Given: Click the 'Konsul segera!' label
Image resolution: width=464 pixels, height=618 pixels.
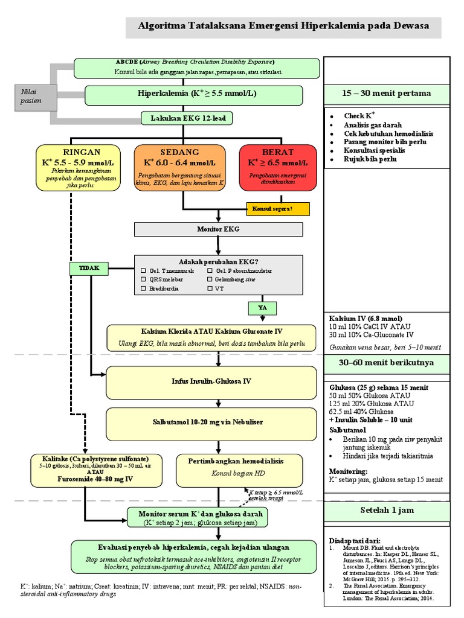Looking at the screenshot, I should pos(277,209).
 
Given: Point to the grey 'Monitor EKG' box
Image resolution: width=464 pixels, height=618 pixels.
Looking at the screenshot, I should pos(214,229).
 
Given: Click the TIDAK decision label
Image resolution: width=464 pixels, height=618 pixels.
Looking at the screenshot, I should pos(89,267).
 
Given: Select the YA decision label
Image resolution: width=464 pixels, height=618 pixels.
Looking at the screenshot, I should pos(263,308).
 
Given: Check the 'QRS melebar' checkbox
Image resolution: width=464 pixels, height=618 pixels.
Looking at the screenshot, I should pos(144,280).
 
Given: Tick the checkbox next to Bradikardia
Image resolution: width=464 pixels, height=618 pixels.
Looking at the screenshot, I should pos(144,289).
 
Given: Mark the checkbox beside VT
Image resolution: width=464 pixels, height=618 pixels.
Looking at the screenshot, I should pos(210,289).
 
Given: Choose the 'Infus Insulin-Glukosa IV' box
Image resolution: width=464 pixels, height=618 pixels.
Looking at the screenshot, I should pos(211,381).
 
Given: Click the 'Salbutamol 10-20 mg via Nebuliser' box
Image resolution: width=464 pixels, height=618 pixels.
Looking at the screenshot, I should pos(211,421).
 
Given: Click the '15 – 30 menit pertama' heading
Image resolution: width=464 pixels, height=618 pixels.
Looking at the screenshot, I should pos(387,94).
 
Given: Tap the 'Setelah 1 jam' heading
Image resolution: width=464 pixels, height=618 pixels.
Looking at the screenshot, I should pos(387,510).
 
